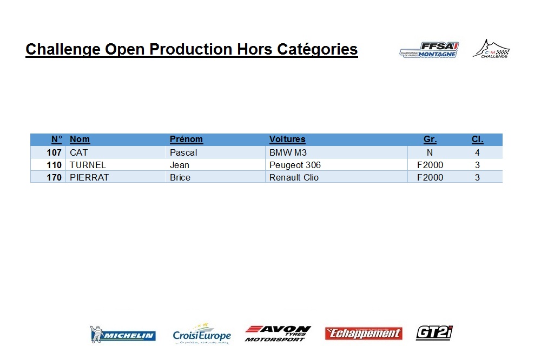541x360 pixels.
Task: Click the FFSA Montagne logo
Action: tap(429, 50)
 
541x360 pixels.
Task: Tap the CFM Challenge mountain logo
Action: tap(491, 49)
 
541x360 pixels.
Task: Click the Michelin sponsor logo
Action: tap(123, 335)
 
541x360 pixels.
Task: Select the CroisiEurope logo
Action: tap(202, 334)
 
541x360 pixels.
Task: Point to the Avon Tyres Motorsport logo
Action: tap(278, 334)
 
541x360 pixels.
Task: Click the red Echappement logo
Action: tap(364, 334)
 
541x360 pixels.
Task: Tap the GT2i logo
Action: tap(434, 333)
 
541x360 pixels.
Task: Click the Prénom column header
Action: tap(186, 139)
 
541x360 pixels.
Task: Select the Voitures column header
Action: tap(287, 139)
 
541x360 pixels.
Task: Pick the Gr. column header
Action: tap(430, 139)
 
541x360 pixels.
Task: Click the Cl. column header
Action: tap(478, 139)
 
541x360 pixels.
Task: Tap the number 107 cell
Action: tap(54, 152)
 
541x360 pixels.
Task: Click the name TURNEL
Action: tap(88, 165)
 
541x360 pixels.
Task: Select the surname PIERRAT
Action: tap(89, 177)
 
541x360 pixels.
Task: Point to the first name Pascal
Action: tap(183, 152)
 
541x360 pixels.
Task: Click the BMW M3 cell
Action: tap(288, 152)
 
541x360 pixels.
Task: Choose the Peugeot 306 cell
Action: tap(295, 165)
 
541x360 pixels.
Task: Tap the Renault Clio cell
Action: tap(294, 177)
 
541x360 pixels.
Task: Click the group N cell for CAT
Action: tap(430, 152)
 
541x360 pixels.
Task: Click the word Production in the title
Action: tap(191, 49)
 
